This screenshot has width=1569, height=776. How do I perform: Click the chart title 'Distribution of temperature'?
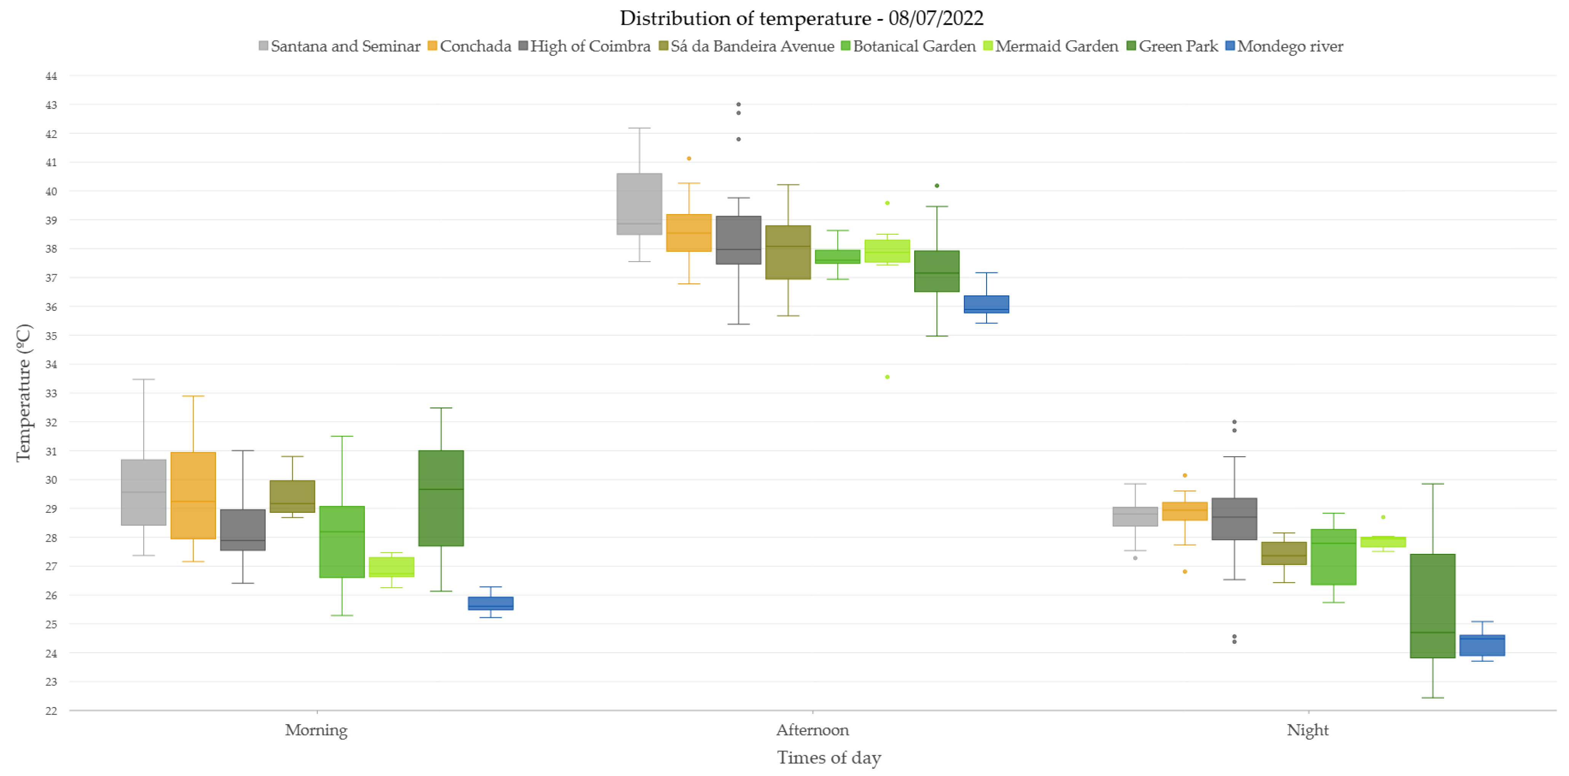[x=745, y=18]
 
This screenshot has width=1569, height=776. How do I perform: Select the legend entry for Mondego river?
[x=1284, y=46]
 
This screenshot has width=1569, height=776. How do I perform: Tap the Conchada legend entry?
[x=470, y=46]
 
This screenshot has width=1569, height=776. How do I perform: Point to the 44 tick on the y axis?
[x=51, y=76]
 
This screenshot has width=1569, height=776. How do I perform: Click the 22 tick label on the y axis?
[x=51, y=711]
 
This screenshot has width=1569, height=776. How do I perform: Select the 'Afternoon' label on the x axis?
[x=812, y=730]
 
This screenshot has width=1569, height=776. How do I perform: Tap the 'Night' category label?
[x=1308, y=730]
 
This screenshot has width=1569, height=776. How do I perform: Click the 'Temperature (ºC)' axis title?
[x=23, y=393]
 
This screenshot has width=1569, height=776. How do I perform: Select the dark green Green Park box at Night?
[x=1433, y=606]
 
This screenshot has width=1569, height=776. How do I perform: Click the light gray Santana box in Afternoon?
[x=640, y=204]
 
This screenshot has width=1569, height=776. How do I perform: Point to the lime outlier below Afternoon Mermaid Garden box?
[x=888, y=377]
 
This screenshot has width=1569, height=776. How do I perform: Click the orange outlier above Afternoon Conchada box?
[x=689, y=158]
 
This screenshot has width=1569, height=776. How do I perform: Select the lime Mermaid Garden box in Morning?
[x=392, y=567]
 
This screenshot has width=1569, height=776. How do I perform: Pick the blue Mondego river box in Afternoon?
[x=986, y=304]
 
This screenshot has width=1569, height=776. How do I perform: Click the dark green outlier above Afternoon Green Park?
[x=937, y=186]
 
